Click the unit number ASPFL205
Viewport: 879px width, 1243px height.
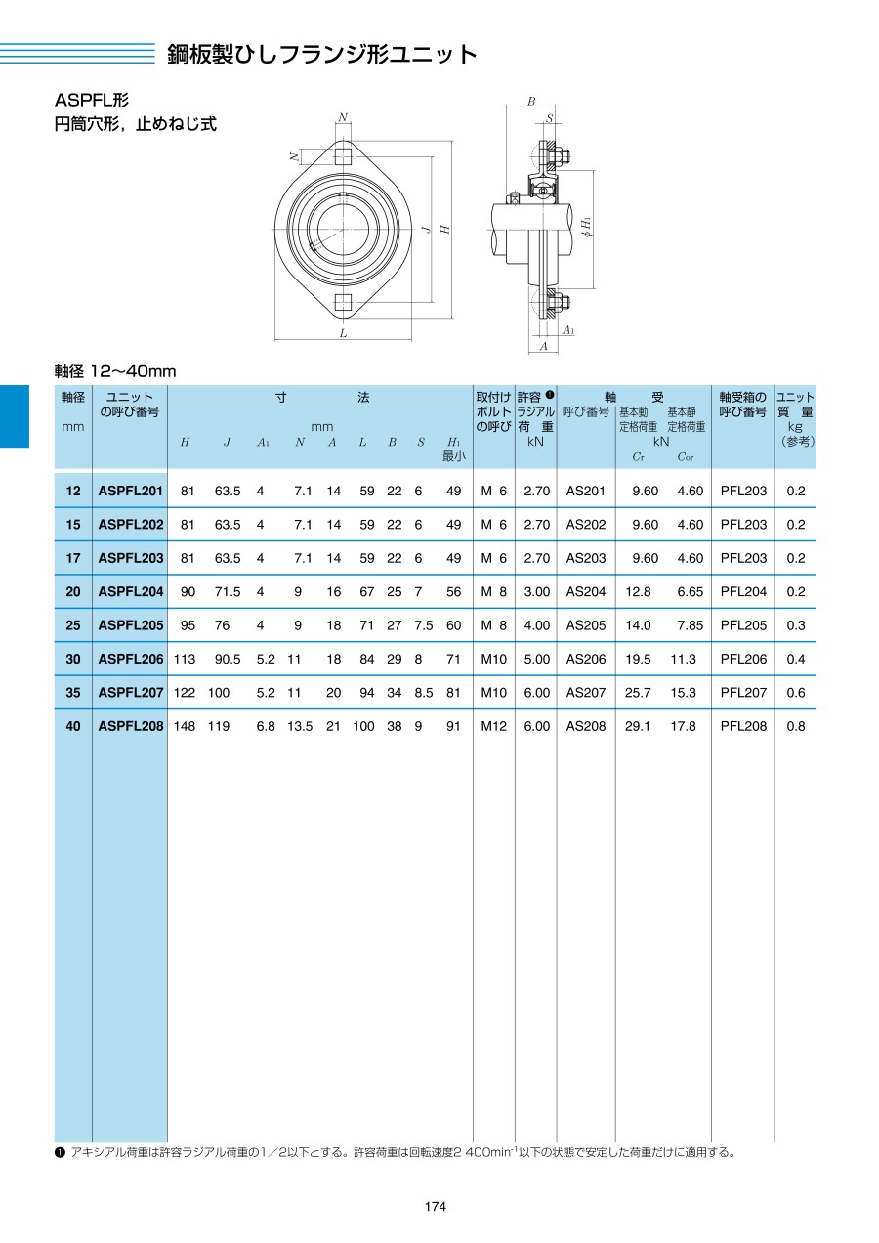pyautogui.click(x=131, y=625)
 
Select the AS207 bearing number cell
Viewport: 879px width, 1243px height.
pyautogui.click(x=586, y=692)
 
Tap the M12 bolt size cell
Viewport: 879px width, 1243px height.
pyautogui.click(x=493, y=726)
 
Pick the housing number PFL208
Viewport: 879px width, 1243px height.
pyautogui.click(x=743, y=726)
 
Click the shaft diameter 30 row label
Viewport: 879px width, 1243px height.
pyautogui.click(x=73, y=659)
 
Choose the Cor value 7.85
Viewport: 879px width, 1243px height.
pyautogui.click(x=690, y=625)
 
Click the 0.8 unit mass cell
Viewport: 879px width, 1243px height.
pyautogui.click(x=795, y=726)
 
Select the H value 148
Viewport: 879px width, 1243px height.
pyautogui.click(x=184, y=726)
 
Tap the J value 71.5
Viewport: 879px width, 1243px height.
pyautogui.click(x=228, y=591)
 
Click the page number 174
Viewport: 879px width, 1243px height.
pyautogui.click(x=436, y=1207)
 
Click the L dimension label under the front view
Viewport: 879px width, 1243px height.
pyautogui.click(x=343, y=333)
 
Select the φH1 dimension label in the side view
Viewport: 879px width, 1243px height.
pyautogui.click(x=585, y=227)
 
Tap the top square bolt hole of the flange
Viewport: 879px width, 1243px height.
pyautogui.click(x=342, y=155)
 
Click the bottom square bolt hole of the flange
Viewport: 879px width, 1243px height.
pyautogui.click(x=342, y=302)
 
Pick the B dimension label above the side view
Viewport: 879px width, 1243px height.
pyautogui.click(x=531, y=101)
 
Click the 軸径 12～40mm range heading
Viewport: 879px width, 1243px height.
pyautogui.click(x=114, y=371)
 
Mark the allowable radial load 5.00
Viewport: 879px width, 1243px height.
pyautogui.click(x=537, y=659)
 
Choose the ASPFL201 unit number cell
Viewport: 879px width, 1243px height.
pyautogui.click(x=131, y=491)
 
